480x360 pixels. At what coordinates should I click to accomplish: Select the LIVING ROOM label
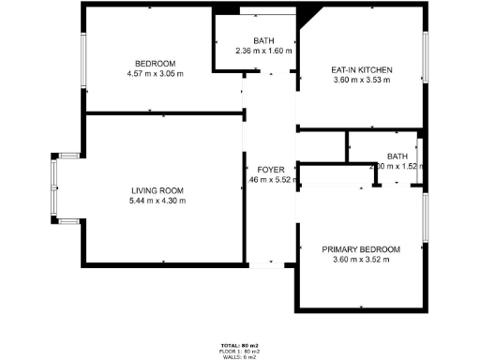[157, 190]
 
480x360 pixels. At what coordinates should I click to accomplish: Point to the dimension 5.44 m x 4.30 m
[157, 200]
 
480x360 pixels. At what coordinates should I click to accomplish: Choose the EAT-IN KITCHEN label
[362, 70]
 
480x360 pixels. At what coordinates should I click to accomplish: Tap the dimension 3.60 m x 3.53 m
[362, 81]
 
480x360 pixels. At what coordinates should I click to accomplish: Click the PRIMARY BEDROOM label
[361, 249]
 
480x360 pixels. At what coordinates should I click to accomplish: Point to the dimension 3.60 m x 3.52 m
[361, 260]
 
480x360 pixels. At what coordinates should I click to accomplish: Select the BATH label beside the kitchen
[262, 40]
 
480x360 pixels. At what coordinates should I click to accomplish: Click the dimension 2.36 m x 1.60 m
[262, 51]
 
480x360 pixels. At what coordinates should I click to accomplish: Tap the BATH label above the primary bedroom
[397, 157]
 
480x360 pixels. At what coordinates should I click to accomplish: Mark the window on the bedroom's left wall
[84, 64]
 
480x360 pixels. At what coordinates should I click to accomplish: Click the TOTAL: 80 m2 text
[240, 346]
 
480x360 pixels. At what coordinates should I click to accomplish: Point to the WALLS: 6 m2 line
[240, 357]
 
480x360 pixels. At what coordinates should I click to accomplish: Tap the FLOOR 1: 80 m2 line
[240, 352]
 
